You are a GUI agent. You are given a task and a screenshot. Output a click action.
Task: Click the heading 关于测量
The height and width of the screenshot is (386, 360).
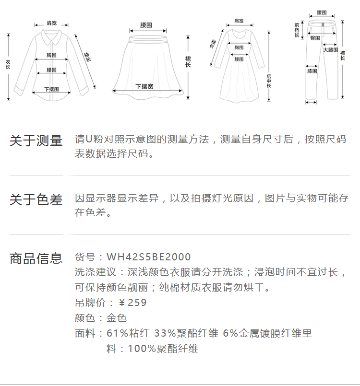click(36, 141)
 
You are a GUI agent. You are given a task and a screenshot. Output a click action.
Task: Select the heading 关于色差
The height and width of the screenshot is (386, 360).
click(36, 199)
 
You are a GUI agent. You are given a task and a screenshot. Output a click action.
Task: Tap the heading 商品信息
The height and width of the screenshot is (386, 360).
click(36, 258)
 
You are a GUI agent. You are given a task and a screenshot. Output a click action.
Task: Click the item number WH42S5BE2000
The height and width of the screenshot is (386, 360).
click(149, 257)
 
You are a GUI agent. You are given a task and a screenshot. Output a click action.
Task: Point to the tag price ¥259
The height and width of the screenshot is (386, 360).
click(132, 303)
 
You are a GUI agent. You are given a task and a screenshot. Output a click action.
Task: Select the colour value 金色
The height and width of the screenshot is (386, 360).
click(117, 318)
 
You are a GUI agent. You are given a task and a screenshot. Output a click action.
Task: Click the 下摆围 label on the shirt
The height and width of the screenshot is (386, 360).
click(51, 89)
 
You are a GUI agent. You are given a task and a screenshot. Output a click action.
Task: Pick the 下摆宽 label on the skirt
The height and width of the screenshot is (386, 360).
click(144, 86)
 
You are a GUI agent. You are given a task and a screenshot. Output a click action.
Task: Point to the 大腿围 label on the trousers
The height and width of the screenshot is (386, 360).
click(330, 50)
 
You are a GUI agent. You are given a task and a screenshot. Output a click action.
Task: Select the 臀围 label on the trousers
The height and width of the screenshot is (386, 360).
click(315, 38)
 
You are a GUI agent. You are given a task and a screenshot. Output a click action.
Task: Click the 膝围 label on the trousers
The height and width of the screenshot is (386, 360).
click(312, 71)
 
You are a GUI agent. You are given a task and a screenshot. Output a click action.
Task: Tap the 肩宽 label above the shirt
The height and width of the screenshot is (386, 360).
click(51, 23)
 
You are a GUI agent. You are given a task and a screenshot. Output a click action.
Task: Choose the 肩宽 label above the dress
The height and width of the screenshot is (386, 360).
click(239, 21)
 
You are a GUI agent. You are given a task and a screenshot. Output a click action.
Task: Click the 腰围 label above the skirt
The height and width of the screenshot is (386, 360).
click(146, 25)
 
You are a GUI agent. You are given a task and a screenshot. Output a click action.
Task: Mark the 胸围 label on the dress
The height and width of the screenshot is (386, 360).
click(239, 47)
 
